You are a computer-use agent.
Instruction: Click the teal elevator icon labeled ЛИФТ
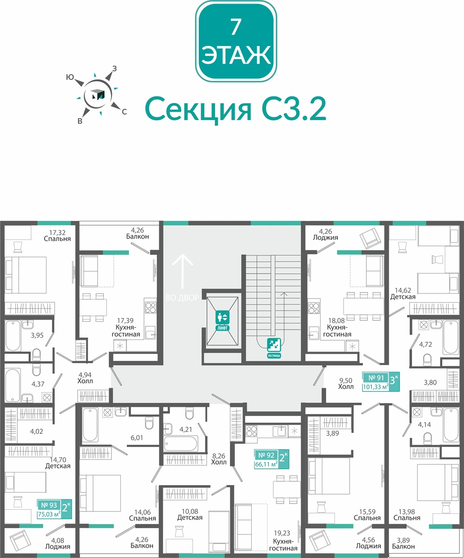[x=222, y=320]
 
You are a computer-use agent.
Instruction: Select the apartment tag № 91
[x=381, y=382]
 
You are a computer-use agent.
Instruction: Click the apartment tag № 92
[x=272, y=459]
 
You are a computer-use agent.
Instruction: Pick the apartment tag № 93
[x=54, y=509]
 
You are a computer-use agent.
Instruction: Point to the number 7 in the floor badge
[x=236, y=27]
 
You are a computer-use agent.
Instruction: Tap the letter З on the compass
[x=115, y=69]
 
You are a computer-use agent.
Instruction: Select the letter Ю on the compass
[x=70, y=77]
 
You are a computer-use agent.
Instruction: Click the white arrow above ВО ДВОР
[x=183, y=271]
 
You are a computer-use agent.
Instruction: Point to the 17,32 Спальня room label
[x=57, y=236]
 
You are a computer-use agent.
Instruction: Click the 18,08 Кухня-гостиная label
[x=337, y=327]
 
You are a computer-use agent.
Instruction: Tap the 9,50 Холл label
[x=346, y=383]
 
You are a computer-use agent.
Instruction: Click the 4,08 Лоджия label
[x=58, y=544]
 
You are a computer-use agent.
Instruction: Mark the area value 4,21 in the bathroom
[x=185, y=429]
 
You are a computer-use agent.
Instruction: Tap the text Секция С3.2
[x=235, y=110]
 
